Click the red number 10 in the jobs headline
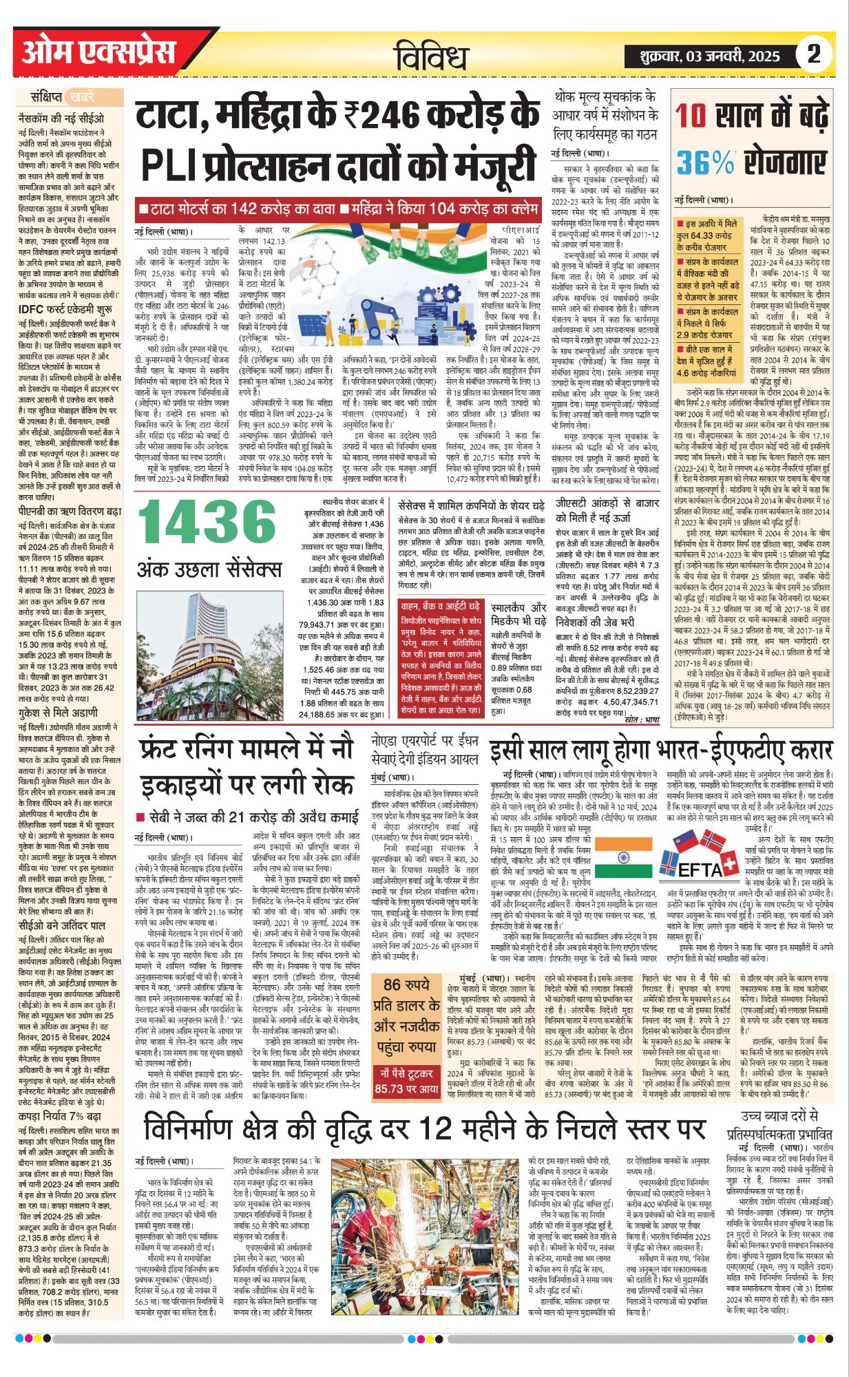(x=691, y=115)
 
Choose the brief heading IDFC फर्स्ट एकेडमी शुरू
(x=66, y=309)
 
